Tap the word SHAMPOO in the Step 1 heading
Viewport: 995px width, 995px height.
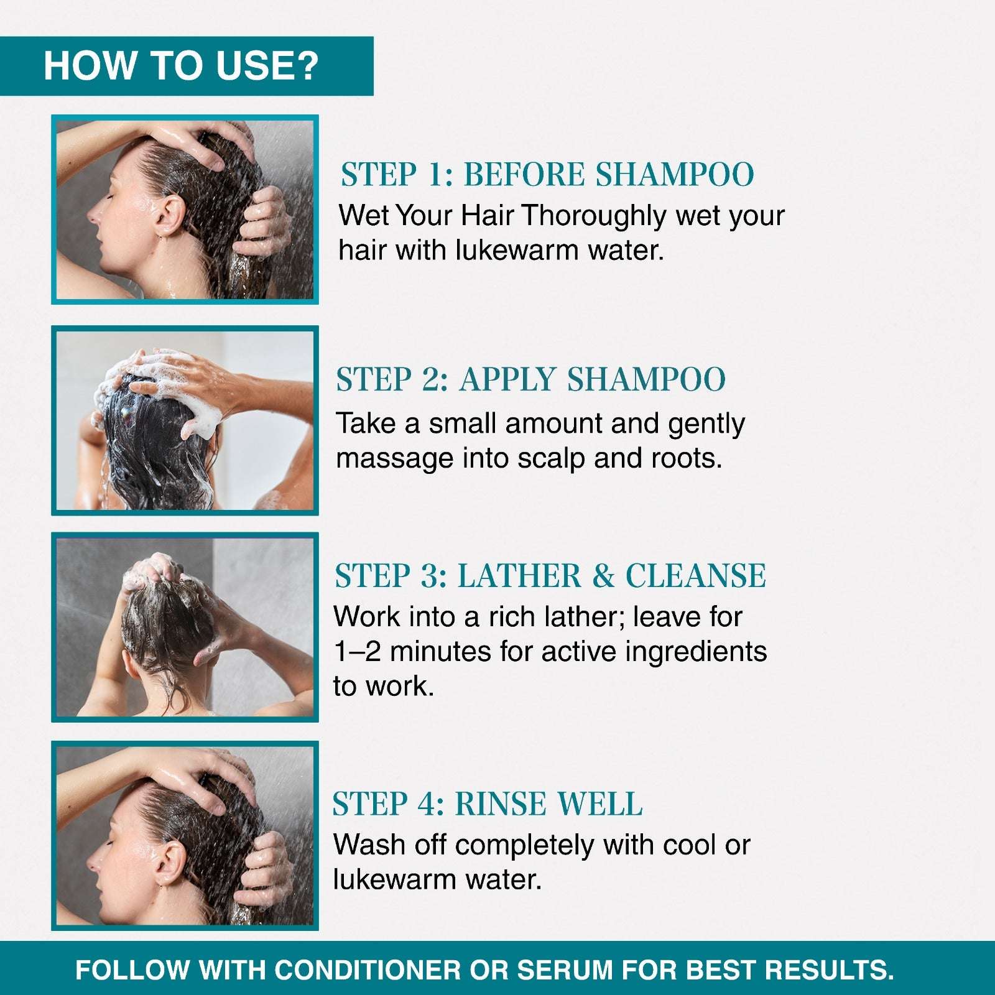675,174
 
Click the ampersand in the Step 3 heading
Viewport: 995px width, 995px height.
603,575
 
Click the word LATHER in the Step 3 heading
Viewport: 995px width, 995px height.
519,575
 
